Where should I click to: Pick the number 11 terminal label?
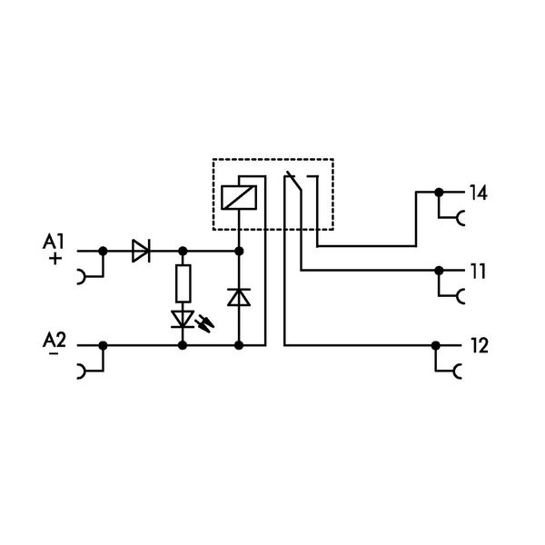point(478,271)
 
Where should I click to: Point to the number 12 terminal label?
point(479,345)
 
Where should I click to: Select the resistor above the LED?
point(183,283)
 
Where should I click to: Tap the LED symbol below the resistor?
point(183,319)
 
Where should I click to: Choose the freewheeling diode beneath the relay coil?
point(240,296)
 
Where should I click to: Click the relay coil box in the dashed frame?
point(240,195)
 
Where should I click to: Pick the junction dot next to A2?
point(102,345)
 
